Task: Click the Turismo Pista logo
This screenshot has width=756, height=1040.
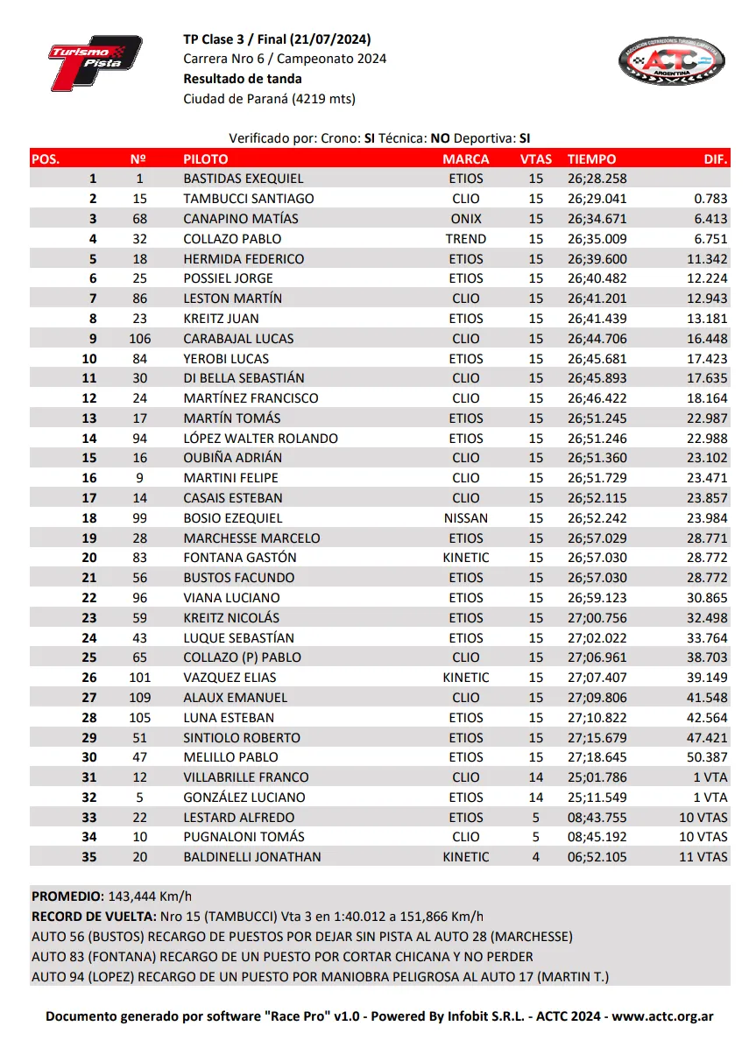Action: (95, 62)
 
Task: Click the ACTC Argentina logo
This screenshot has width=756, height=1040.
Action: (672, 61)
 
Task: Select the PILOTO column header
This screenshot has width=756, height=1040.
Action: (205, 159)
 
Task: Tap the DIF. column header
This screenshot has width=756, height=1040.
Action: (716, 159)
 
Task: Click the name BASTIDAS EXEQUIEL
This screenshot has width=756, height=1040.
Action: (243, 179)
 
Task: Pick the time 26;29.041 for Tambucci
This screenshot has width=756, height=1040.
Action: (597, 199)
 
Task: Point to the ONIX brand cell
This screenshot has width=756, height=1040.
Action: (466, 219)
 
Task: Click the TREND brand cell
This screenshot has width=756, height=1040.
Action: (466, 239)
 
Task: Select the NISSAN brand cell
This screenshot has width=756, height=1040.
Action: (466, 518)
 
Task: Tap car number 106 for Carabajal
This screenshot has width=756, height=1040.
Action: (139, 339)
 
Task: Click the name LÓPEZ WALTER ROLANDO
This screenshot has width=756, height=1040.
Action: (260, 439)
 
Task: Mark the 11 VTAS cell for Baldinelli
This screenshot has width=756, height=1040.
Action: (703, 857)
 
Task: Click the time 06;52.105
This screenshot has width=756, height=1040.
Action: (597, 857)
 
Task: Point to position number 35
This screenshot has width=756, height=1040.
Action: (89, 857)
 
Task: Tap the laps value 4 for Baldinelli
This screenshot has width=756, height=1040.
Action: (536, 857)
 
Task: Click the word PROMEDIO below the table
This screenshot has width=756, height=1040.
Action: (67, 896)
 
